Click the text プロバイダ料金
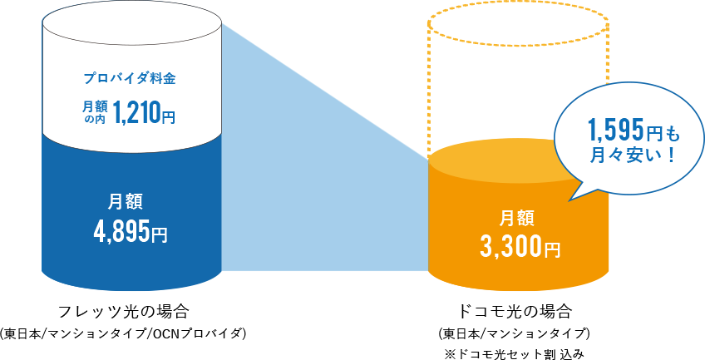point(131,79)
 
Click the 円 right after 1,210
point(168,114)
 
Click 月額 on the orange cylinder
point(520,218)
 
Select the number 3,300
point(510,246)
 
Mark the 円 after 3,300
point(552,249)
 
